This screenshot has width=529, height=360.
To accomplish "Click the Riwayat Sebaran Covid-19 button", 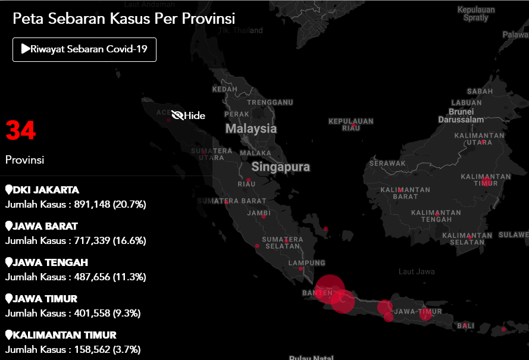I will pos(84,49).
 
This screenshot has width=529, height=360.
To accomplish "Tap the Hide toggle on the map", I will pos(189,115).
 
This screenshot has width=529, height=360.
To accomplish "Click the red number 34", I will pos(21,130).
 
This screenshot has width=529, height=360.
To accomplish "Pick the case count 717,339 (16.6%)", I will pos(110,240).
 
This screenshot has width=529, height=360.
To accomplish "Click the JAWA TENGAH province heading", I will pos(50,262).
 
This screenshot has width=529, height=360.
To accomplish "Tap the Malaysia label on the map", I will pos(251,129).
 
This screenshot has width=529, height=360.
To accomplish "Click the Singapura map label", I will pos(280,167).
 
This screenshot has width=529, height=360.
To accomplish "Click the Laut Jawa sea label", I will pos(417,272).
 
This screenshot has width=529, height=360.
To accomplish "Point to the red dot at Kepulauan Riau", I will pos(354,126).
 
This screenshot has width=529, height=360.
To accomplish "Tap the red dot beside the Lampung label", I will pos(301,269).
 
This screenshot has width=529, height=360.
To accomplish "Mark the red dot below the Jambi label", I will pos(263,217).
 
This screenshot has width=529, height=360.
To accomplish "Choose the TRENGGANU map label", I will pos(270,102).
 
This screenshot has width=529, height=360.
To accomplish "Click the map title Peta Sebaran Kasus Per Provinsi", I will pos(124,18).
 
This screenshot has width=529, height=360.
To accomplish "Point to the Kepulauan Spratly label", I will pos(475,14).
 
